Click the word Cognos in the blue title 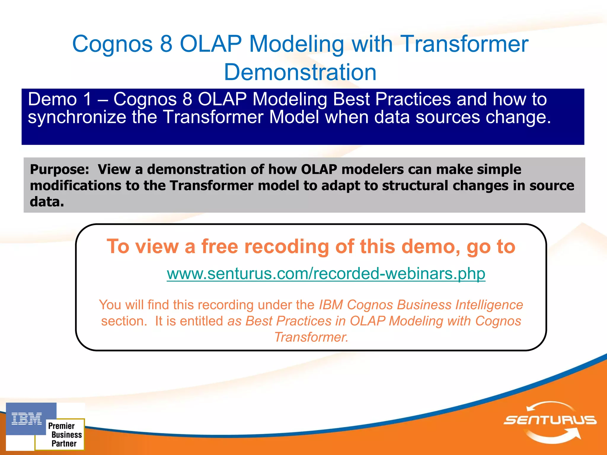tap(112, 44)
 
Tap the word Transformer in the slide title tap(464, 44)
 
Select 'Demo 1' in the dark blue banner tap(60, 99)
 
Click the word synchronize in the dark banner tap(77, 117)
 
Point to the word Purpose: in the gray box tap(60, 169)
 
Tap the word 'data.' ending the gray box tap(47, 202)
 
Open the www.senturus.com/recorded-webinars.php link tap(326, 273)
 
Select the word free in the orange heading tap(220, 246)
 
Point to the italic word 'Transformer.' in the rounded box tap(311, 337)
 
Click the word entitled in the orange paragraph tap(201, 321)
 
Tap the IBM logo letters tap(27, 419)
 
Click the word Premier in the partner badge tap(61, 426)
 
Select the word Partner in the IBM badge tap(64, 443)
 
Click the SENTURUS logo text tap(550, 420)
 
